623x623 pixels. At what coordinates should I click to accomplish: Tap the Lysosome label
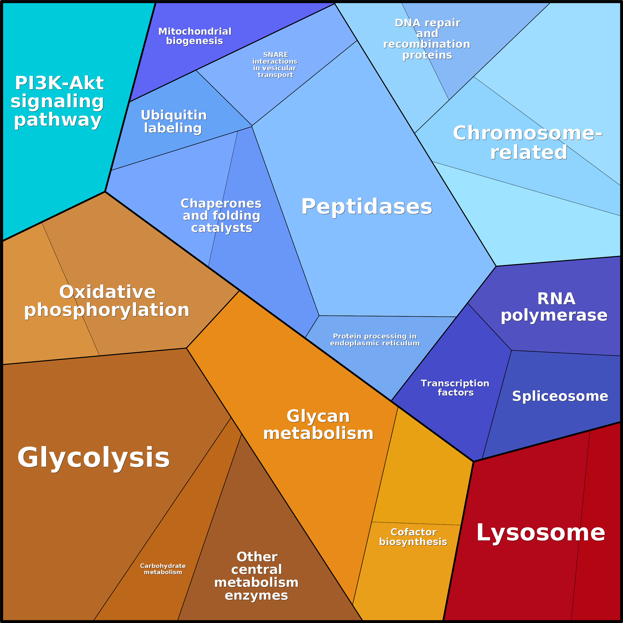[x=540, y=532]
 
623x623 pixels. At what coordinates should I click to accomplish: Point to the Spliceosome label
[x=560, y=396]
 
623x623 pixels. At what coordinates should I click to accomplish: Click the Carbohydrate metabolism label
[x=163, y=569]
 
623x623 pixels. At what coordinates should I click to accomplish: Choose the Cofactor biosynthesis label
[x=413, y=537]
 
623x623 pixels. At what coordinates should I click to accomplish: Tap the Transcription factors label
[x=455, y=388]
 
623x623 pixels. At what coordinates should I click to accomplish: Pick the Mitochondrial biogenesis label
[x=195, y=36]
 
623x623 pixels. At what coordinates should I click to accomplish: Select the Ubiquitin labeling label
[x=174, y=122]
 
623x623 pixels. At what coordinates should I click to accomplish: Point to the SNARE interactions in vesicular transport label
[x=275, y=64]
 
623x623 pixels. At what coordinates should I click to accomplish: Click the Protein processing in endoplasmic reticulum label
[x=375, y=340]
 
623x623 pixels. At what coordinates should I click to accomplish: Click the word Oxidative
[x=107, y=292]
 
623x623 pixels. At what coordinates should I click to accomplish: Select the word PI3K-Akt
[x=59, y=83]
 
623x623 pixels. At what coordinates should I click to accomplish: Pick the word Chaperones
[x=221, y=203]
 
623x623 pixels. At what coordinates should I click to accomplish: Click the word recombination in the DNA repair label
[x=427, y=44]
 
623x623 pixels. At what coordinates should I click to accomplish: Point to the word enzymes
[x=256, y=595]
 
